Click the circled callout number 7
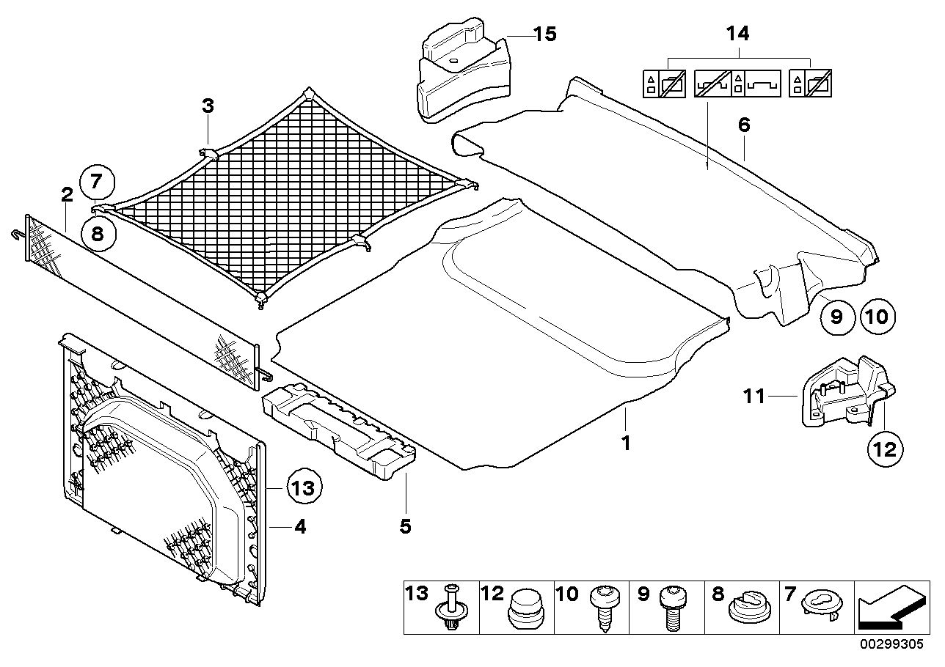[x=98, y=180]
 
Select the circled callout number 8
[x=98, y=235]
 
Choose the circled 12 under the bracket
[x=886, y=448]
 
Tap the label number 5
[x=405, y=526]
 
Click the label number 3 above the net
[x=208, y=106]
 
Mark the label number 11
[x=754, y=397]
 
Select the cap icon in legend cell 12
[x=526, y=608]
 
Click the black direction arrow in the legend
[x=889, y=608]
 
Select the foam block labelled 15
[x=460, y=73]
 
